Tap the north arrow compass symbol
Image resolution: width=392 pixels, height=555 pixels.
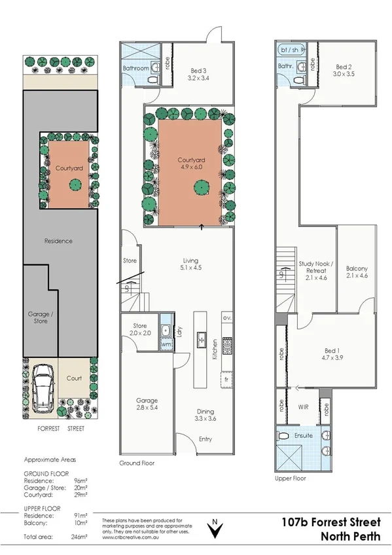215,529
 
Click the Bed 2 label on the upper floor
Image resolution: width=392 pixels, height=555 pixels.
344,71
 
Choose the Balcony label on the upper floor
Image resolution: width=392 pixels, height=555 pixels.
357,272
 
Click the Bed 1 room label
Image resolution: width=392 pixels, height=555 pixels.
330,355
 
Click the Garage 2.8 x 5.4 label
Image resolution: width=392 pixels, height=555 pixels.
147,404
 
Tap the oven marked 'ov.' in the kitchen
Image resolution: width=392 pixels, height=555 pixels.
226,318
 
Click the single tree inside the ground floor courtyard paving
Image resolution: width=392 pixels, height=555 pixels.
197,188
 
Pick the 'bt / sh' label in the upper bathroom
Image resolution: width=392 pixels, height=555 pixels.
288,50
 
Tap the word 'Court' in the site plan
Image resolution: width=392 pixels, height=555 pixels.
74,378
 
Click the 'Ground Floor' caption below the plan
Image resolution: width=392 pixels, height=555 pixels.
136,463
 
